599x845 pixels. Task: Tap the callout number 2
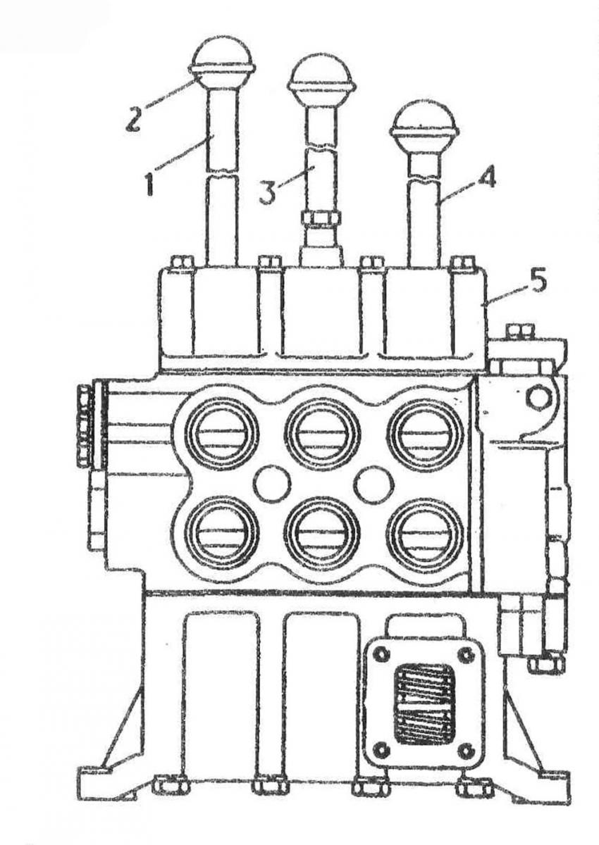(x=133, y=118)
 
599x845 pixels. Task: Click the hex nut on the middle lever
(x=321, y=218)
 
